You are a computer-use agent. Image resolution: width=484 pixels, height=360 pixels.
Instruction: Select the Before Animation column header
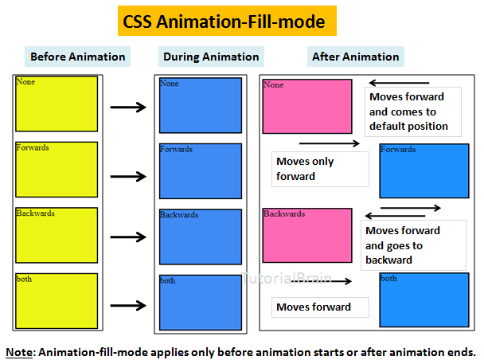(x=77, y=57)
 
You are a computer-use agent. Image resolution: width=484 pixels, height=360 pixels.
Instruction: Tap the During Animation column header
(x=211, y=57)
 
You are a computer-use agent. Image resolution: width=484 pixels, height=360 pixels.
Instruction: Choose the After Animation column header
(x=355, y=57)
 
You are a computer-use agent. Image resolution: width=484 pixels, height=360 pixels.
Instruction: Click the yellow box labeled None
(x=57, y=104)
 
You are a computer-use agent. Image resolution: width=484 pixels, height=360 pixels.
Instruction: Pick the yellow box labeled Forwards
(x=57, y=169)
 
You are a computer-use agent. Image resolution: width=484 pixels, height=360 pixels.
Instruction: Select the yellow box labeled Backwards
(x=57, y=235)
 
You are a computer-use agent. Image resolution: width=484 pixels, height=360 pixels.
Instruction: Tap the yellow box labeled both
(x=57, y=300)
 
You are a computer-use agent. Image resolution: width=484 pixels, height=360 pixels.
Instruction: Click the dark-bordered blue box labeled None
(x=201, y=105)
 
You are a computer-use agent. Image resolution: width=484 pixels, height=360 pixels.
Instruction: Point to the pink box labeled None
(x=306, y=106)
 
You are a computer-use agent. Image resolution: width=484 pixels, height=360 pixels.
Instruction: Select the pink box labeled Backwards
(x=306, y=235)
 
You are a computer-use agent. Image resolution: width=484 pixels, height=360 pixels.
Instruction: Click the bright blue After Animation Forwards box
(x=423, y=170)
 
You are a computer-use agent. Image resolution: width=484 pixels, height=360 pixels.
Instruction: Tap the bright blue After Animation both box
(x=423, y=299)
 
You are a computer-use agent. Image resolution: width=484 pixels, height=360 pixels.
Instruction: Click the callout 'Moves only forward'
(x=320, y=169)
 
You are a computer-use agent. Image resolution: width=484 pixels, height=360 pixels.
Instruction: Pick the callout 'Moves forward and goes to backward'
(x=412, y=245)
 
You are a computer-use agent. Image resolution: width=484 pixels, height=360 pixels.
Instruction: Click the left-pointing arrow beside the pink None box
(x=399, y=82)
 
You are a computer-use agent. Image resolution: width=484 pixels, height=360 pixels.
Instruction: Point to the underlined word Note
(x=20, y=351)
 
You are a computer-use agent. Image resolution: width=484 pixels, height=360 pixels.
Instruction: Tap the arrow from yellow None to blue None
(x=128, y=107)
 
